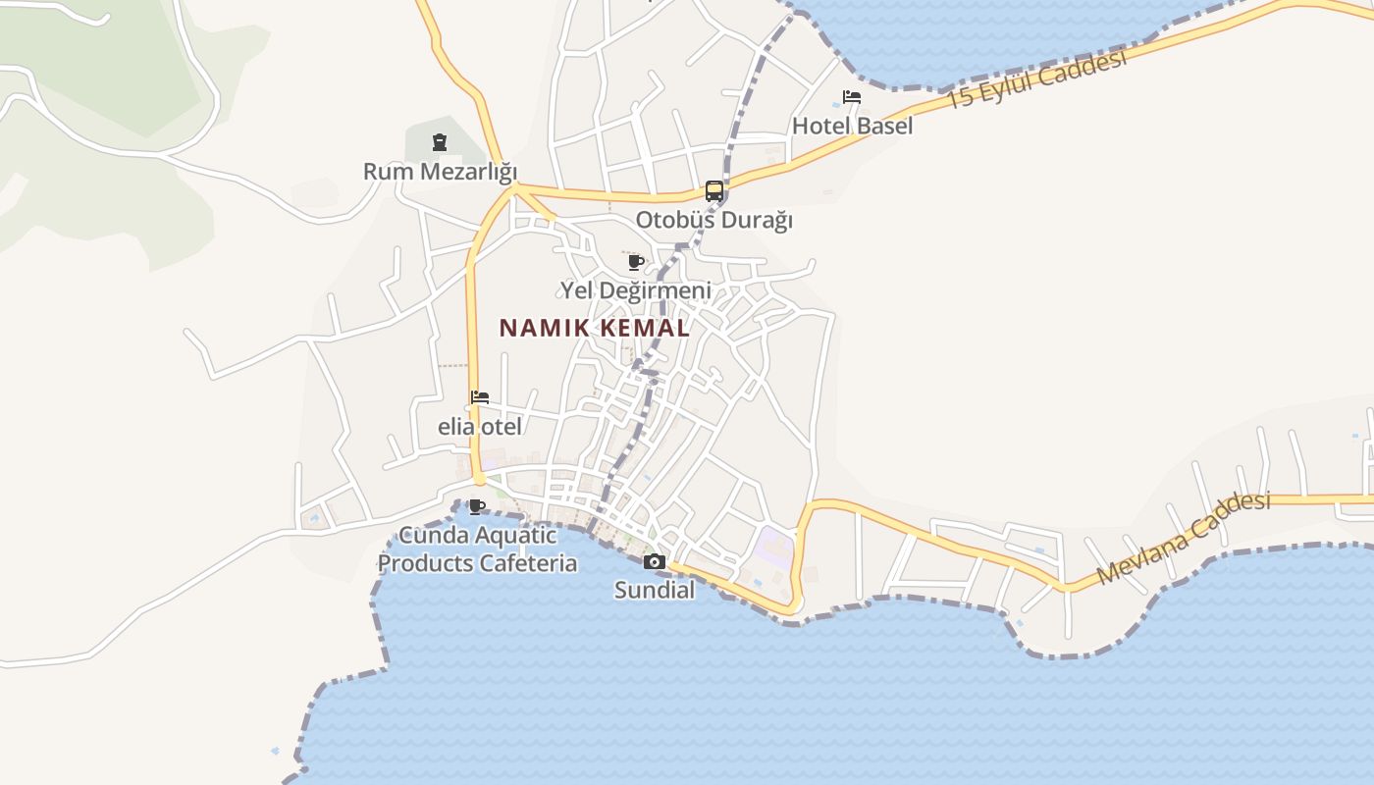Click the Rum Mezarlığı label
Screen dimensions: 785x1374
[x=440, y=172]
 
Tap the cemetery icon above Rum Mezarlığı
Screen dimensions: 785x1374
[x=440, y=143]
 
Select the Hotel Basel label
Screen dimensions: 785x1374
[x=852, y=126]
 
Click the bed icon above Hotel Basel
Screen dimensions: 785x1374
[x=852, y=97]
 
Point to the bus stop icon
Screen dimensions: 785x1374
[x=714, y=191]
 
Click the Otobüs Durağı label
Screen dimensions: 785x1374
[x=713, y=220]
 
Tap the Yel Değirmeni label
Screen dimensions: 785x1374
[x=636, y=290]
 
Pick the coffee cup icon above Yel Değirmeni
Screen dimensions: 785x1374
[x=636, y=262]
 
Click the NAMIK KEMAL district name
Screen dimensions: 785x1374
[x=595, y=329]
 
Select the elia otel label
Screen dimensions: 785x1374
[x=480, y=427]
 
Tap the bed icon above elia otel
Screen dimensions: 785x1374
[x=480, y=397]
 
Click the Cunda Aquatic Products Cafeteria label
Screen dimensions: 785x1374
[x=478, y=549]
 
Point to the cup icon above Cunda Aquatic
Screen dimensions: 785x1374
[x=477, y=507]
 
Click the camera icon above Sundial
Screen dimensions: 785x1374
[x=654, y=561]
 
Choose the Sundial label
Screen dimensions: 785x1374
[x=655, y=590]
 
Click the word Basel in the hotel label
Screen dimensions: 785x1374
[x=883, y=126]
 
